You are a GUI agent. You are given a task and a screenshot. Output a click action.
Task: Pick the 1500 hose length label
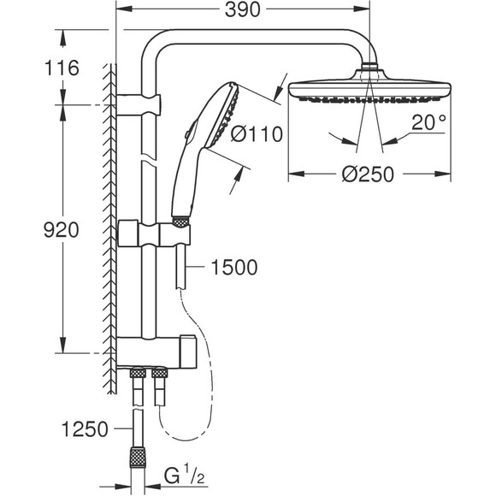(x=233, y=269)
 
